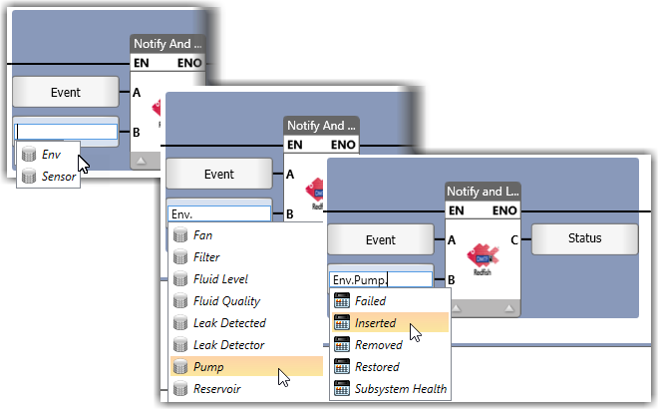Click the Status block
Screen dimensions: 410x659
[584, 239]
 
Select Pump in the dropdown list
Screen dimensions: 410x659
[208, 367]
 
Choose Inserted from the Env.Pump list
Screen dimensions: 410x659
[375, 323]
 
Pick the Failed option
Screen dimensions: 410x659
[370, 301]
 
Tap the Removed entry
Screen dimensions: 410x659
[378, 345]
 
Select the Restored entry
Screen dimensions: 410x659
[377, 367]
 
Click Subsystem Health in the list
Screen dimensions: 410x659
[401, 389]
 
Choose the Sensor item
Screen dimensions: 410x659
[59, 177]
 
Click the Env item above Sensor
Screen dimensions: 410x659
[51, 155]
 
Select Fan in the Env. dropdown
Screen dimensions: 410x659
[203, 235]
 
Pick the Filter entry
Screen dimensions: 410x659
[207, 257]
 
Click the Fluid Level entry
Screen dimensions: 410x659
[221, 279]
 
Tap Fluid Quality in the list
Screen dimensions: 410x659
[227, 301]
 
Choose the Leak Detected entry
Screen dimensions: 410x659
[229, 323]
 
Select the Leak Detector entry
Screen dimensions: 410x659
[229, 345]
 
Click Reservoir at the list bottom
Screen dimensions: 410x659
[217, 389]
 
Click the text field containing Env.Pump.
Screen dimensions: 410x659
[380, 280]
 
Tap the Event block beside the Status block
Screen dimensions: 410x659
[380, 239]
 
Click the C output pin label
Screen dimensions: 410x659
[511, 238]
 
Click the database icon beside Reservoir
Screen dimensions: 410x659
[180, 389]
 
